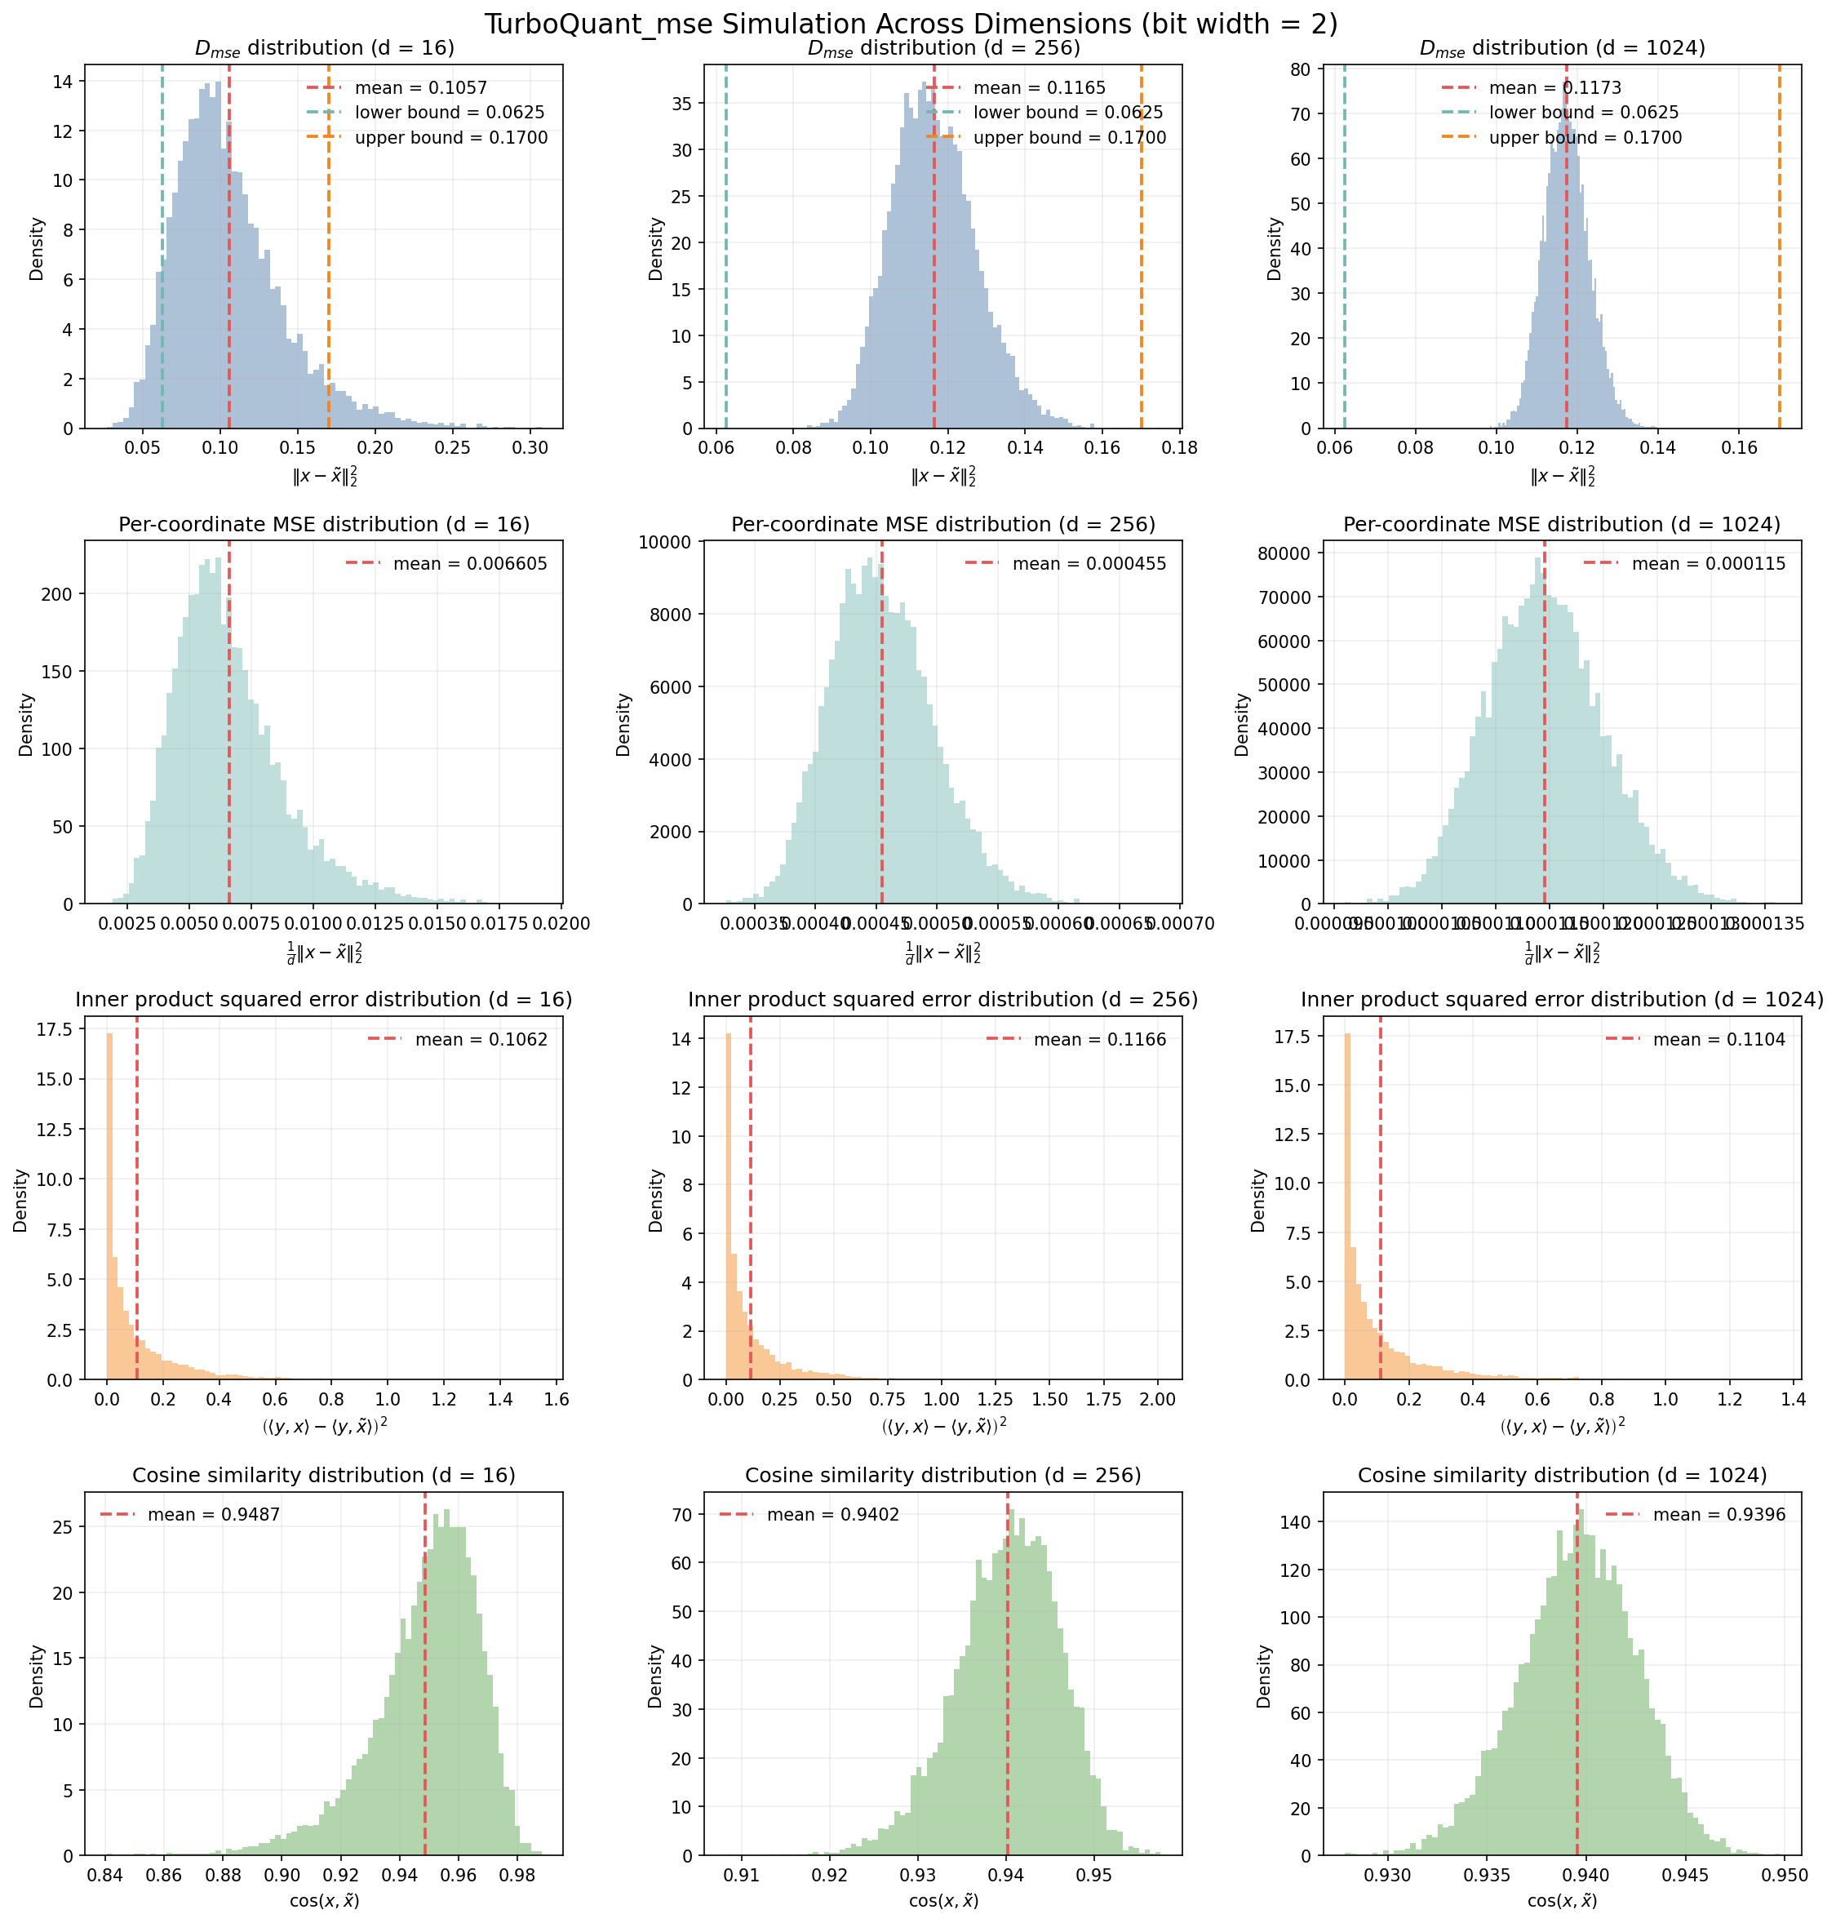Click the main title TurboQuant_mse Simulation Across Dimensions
point(910,24)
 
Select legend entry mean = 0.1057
point(421,88)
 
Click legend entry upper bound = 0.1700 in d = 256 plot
point(1069,138)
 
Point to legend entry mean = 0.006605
point(470,564)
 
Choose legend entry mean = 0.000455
point(1089,564)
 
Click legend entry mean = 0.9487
point(213,1515)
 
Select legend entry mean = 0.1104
point(1718,1040)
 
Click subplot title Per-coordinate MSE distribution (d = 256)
point(942,525)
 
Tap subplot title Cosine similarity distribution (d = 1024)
point(1562,1476)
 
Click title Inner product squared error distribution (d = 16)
point(324,1000)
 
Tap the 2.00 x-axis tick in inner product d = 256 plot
point(1158,1400)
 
